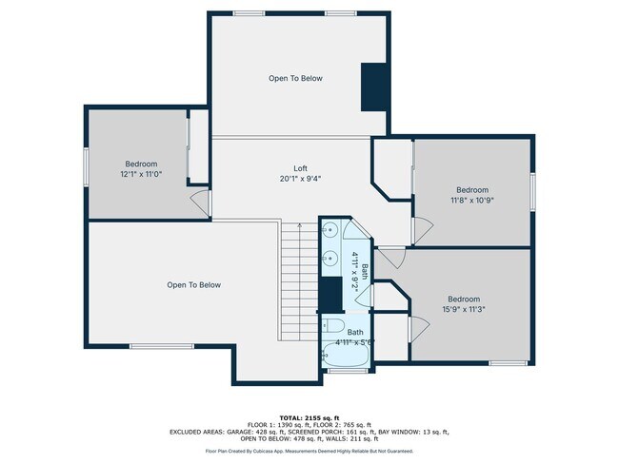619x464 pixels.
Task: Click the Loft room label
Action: pos(300,168)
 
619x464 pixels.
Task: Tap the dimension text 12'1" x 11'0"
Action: pos(140,175)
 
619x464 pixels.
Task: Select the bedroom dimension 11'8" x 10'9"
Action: pos(471,200)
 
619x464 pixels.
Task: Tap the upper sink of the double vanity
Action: pos(329,230)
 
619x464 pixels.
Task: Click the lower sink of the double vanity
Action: pos(329,257)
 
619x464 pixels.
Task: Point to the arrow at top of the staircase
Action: pos(300,226)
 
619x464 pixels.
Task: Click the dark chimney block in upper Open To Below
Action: pos(373,87)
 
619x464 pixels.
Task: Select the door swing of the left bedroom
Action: pos(200,202)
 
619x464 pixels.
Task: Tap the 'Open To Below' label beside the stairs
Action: pos(193,284)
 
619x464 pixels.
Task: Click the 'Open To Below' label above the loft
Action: pos(294,78)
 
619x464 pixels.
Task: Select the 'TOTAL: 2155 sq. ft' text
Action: pos(309,417)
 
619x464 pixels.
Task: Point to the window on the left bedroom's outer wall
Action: pos(87,168)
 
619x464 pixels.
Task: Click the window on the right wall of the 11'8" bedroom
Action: pos(532,188)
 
